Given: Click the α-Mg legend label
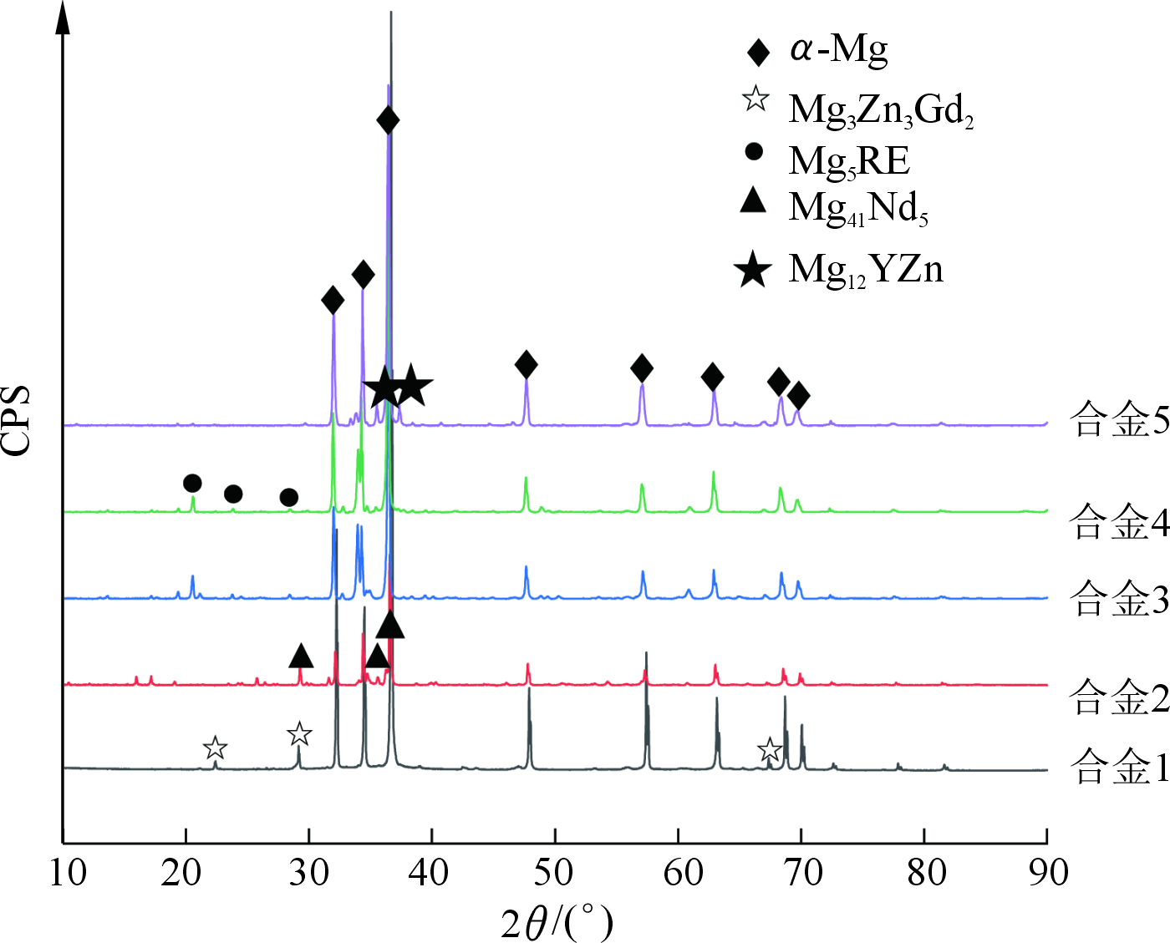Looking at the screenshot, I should tap(838, 50).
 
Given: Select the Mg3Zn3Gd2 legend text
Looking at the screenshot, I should tap(881, 109).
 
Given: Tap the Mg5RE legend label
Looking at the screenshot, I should tap(849, 160).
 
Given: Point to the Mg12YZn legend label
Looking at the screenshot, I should tap(866, 270).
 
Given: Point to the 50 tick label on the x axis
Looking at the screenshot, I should tap(553, 873).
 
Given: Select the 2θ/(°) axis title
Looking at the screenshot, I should tap(557, 923).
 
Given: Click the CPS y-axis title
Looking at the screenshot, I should tap(17, 420).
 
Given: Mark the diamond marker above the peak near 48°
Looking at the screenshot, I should tap(526, 364).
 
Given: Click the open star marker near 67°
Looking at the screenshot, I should tap(769, 750).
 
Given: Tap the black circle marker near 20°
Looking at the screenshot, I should tap(192, 484).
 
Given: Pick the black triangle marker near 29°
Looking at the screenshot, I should tap(301, 657).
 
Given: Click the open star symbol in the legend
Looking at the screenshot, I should tap(755, 99).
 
